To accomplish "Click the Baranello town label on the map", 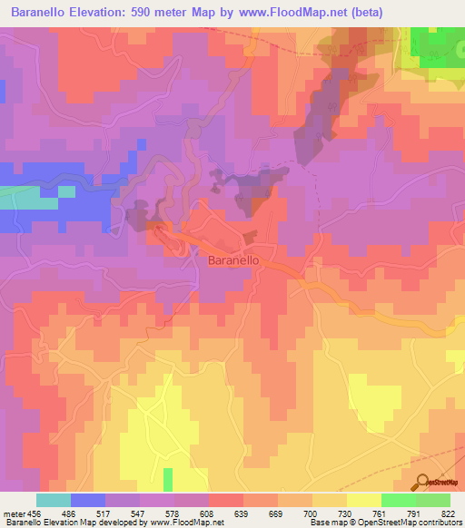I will pyautogui.click(x=235, y=259).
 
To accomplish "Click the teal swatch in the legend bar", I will pyautogui.click(x=54, y=500).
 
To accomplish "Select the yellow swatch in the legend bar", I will pyautogui.click(x=364, y=500).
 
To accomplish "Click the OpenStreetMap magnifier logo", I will pyautogui.click(x=421, y=481).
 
